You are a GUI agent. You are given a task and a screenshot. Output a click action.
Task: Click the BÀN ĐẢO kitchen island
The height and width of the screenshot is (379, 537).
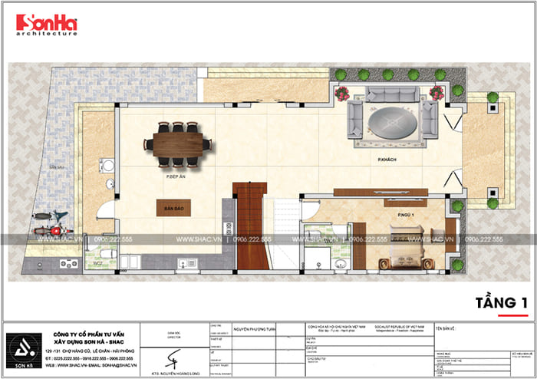[172, 208]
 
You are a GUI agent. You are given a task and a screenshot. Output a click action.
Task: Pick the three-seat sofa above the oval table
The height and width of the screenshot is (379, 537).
[392, 95]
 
